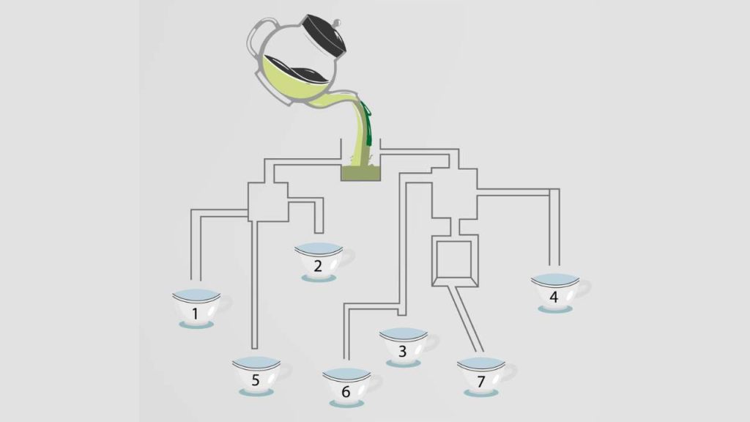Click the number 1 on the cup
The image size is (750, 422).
195,314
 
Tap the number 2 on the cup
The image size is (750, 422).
318,266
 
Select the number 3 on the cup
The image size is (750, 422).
402,351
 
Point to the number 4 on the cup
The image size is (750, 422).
554,297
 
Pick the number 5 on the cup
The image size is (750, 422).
256,380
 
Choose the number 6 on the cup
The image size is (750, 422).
346,392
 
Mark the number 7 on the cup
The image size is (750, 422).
480,381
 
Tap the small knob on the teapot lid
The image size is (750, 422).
337,23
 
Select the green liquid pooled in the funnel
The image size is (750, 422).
360,173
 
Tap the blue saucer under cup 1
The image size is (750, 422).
196,325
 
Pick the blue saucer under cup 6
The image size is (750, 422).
346,404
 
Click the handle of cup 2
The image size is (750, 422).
348,256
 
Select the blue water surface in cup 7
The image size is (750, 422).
480,363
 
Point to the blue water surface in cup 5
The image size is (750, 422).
256,362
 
